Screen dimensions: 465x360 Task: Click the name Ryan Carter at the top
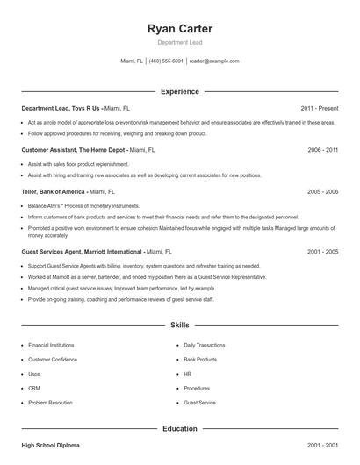click(x=179, y=29)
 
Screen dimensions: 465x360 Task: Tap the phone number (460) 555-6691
click(x=166, y=61)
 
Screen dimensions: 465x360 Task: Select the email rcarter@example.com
click(x=214, y=61)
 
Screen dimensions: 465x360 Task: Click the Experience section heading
click(x=179, y=91)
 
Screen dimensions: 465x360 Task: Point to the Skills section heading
click(x=179, y=325)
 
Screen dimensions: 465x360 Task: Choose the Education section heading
click(x=179, y=429)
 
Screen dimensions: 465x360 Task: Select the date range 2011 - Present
click(x=319, y=108)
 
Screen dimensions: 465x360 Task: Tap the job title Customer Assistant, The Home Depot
click(x=74, y=150)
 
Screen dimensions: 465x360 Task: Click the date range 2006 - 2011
click(x=322, y=150)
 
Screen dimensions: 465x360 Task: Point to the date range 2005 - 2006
click(x=322, y=191)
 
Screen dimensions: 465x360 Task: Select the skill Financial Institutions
click(x=51, y=346)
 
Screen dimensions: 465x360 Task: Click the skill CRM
click(x=34, y=388)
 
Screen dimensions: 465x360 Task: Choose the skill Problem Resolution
click(x=49, y=402)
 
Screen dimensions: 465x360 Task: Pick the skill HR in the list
click(x=188, y=374)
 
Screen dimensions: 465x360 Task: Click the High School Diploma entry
click(x=51, y=446)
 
